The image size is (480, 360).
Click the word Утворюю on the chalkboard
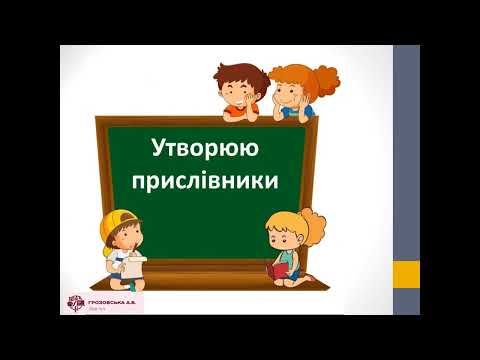[x=205, y=150]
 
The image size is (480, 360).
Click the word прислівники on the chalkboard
[x=205, y=182]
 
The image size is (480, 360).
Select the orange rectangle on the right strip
[x=405, y=273]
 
